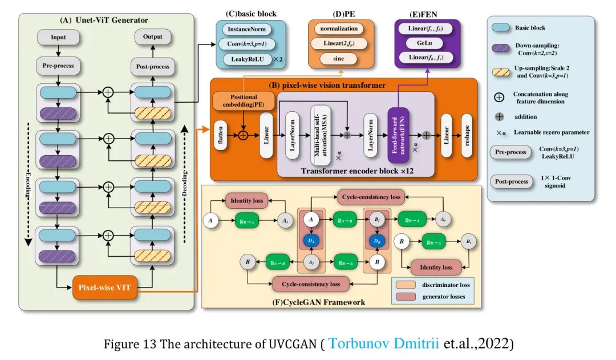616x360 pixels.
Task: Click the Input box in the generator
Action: [x=58, y=37]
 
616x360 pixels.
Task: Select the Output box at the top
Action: [x=152, y=37]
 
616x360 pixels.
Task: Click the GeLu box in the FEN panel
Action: [x=423, y=43]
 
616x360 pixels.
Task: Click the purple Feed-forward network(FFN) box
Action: [x=398, y=135]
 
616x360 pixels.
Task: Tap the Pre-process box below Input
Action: [x=58, y=66]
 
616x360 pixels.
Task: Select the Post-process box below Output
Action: [x=152, y=67]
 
